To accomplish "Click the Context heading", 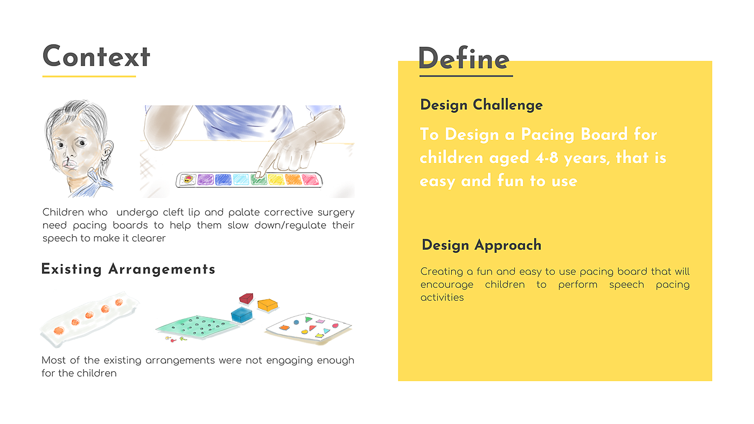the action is (x=96, y=56).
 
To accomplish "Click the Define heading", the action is (x=464, y=59).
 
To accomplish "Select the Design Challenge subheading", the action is (x=481, y=105).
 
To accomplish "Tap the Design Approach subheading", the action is (x=481, y=245).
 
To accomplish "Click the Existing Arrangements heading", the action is (x=128, y=270).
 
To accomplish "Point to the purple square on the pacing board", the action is (x=205, y=180).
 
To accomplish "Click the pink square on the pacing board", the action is (x=310, y=180).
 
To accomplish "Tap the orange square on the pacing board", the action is (x=293, y=180).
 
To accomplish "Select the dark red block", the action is (x=246, y=298).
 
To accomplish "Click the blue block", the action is (x=241, y=315).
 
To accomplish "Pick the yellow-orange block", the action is (x=268, y=305).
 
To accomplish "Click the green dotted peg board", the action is (x=197, y=326).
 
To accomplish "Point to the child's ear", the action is (x=107, y=151).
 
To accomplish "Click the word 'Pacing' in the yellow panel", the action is (x=547, y=135).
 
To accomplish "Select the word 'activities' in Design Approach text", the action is (x=442, y=298).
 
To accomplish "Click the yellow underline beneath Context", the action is (x=89, y=76).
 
